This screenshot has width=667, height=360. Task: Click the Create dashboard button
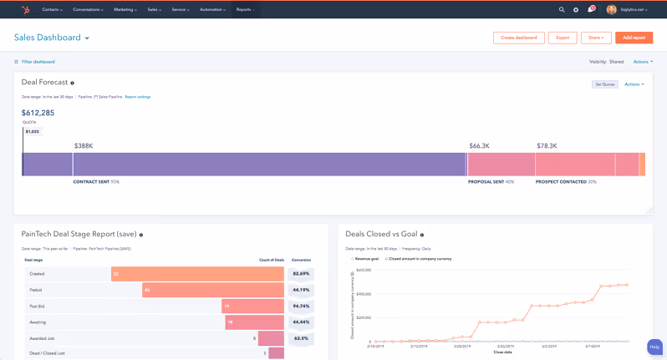tap(519, 38)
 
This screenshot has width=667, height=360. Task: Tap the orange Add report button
tap(634, 38)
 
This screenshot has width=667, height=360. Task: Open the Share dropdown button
tap(596, 38)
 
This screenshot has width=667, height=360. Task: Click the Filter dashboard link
tap(38, 62)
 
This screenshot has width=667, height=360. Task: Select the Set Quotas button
tap(605, 84)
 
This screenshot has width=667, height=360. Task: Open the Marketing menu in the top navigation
tap(125, 10)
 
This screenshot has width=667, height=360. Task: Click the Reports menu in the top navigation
tap(244, 10)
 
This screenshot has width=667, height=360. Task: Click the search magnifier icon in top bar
tap(562, 10)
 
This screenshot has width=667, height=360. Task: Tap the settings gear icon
tap(576, 10)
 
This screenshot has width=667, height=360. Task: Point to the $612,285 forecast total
tap(38, 113)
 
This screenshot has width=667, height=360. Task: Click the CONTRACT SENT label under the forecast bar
tap(92, 181)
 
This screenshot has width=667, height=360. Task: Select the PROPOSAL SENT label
tap(486, 181)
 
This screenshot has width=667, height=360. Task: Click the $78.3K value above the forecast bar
tap(547, 145)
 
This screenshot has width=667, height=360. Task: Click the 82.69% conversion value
tap(301, 274)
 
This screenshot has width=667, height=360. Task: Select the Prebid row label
tap(35, 290)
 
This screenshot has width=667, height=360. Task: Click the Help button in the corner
tap(654, 347)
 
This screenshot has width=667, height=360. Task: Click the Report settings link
tap(138, 97)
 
